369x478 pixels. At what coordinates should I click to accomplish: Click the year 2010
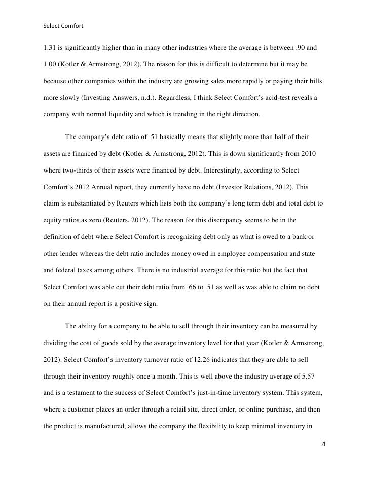[x=313, y=155]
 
